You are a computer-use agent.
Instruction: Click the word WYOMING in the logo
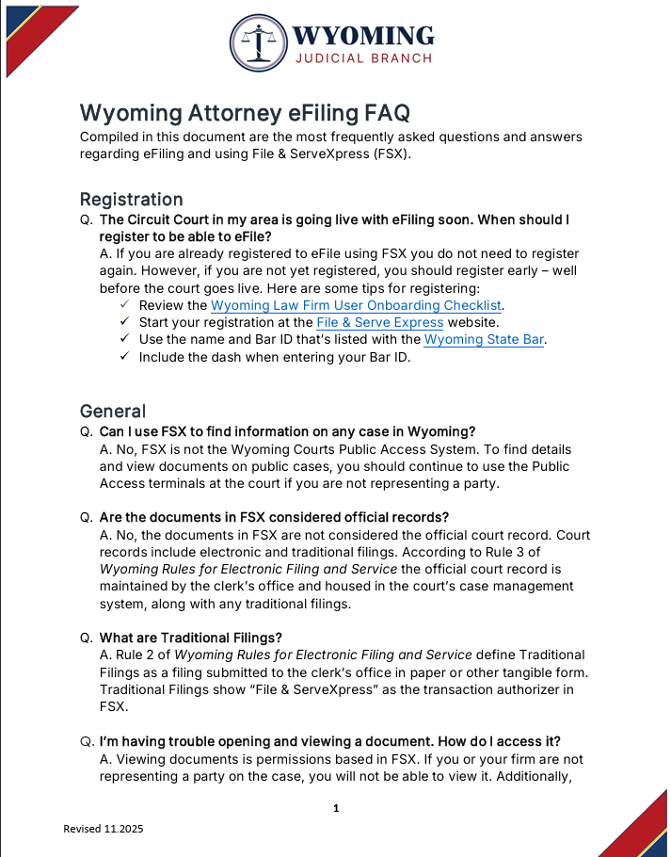(x=362, y=36)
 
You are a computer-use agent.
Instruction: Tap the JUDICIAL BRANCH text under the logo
(x=363, y=58)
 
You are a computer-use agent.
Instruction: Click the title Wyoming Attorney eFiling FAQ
(x=245, y=113)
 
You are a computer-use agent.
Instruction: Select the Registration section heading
(x=131, y=200)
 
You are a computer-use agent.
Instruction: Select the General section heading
(x=113, y=412)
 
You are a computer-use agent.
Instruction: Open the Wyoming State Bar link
(x=484, y=339)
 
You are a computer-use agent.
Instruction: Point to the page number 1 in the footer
(x=336, y=808)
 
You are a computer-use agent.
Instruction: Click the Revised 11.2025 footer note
(x=104, y=829)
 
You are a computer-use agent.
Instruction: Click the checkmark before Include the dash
(x=124, y=357)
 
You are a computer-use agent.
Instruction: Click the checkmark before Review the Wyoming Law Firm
(x=124, y=305)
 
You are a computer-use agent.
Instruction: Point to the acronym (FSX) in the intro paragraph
(x=386, y=154)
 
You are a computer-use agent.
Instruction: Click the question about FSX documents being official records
(x=274, y=517)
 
